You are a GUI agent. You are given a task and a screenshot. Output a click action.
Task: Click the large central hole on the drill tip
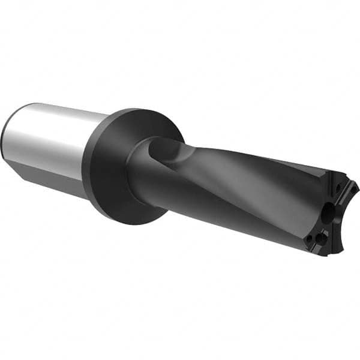click(x=328, y=211)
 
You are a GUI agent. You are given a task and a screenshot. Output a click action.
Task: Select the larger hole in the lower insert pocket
click(x=322, y=239)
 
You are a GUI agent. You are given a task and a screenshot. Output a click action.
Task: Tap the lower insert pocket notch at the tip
click(x=318, y=240)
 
